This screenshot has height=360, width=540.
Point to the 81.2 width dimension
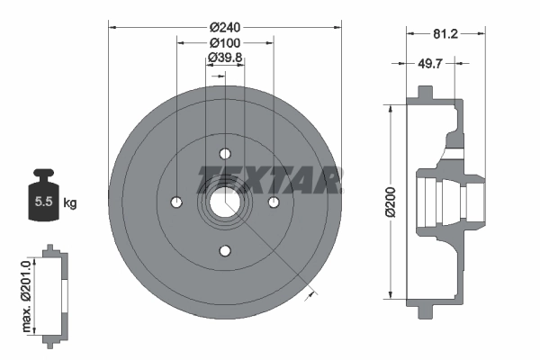pos(447,33)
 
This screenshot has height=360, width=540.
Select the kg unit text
pos(70,203)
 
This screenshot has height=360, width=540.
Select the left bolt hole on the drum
pos(177,201)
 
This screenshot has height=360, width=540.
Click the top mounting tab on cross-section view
pos(422,94)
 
